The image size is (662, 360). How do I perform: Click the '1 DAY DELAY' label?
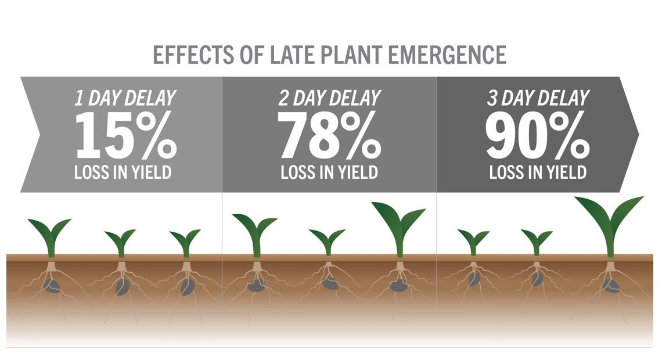(125, 98)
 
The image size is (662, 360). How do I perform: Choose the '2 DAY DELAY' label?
(329, 98)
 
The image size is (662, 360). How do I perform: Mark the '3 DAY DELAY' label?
(538, 98)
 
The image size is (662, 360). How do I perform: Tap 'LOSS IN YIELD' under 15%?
(123, 172)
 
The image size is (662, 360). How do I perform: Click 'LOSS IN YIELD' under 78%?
(329, 172)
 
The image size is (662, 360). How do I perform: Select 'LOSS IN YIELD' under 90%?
(538, 172)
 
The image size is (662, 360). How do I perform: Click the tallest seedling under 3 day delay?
(610, 224)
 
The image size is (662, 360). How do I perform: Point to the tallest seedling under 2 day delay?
(399, 226)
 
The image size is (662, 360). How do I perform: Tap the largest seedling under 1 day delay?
(50, 235)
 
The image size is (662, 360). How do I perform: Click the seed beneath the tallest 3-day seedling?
(611, 286)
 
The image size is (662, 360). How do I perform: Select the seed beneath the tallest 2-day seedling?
(398, 286)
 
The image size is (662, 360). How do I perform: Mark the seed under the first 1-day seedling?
(52, 286)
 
